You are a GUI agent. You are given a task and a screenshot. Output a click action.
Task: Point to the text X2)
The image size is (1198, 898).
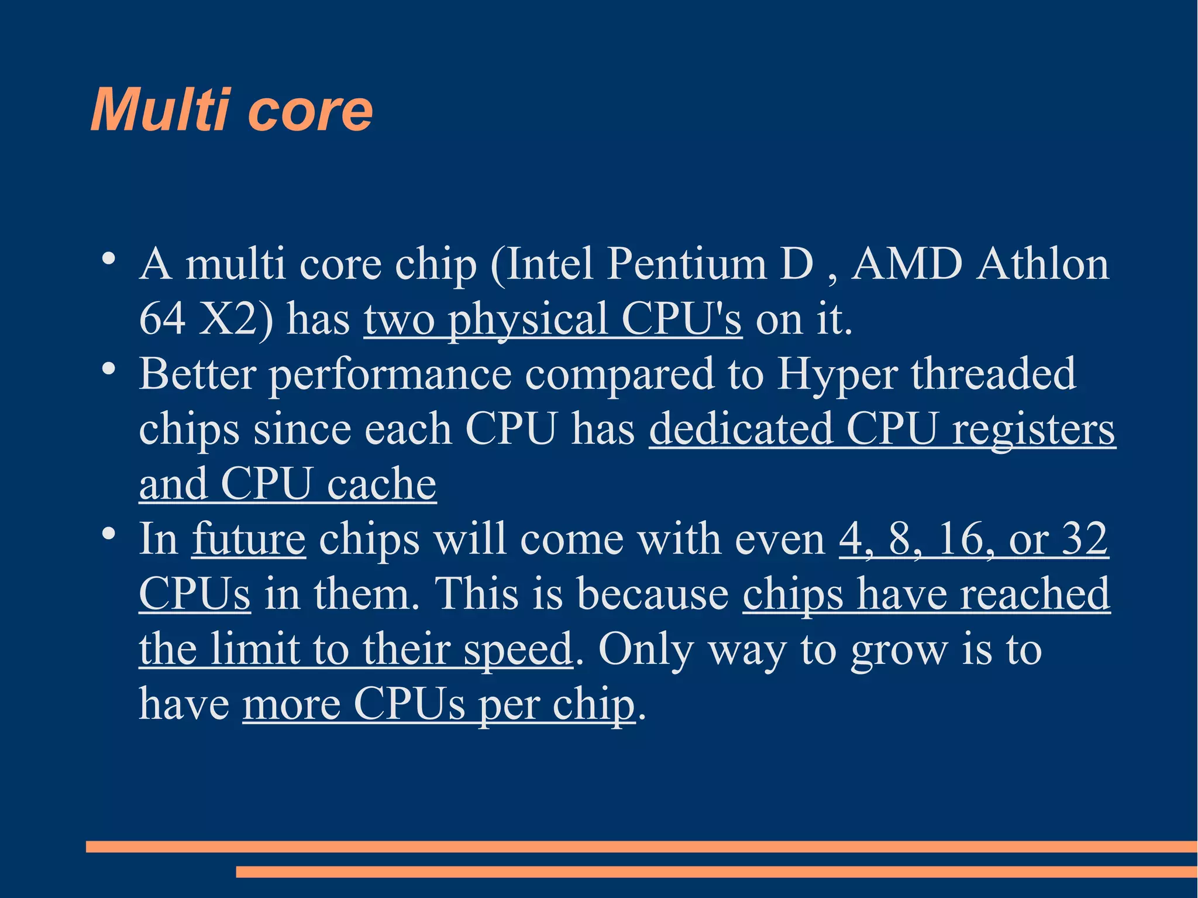[235, 319]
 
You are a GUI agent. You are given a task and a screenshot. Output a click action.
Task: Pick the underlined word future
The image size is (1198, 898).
[249, 538]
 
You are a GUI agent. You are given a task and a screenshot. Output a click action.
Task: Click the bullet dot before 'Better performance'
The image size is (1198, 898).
[108, 369]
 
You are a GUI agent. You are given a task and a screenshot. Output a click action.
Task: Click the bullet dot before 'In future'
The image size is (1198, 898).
[108, 534]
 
